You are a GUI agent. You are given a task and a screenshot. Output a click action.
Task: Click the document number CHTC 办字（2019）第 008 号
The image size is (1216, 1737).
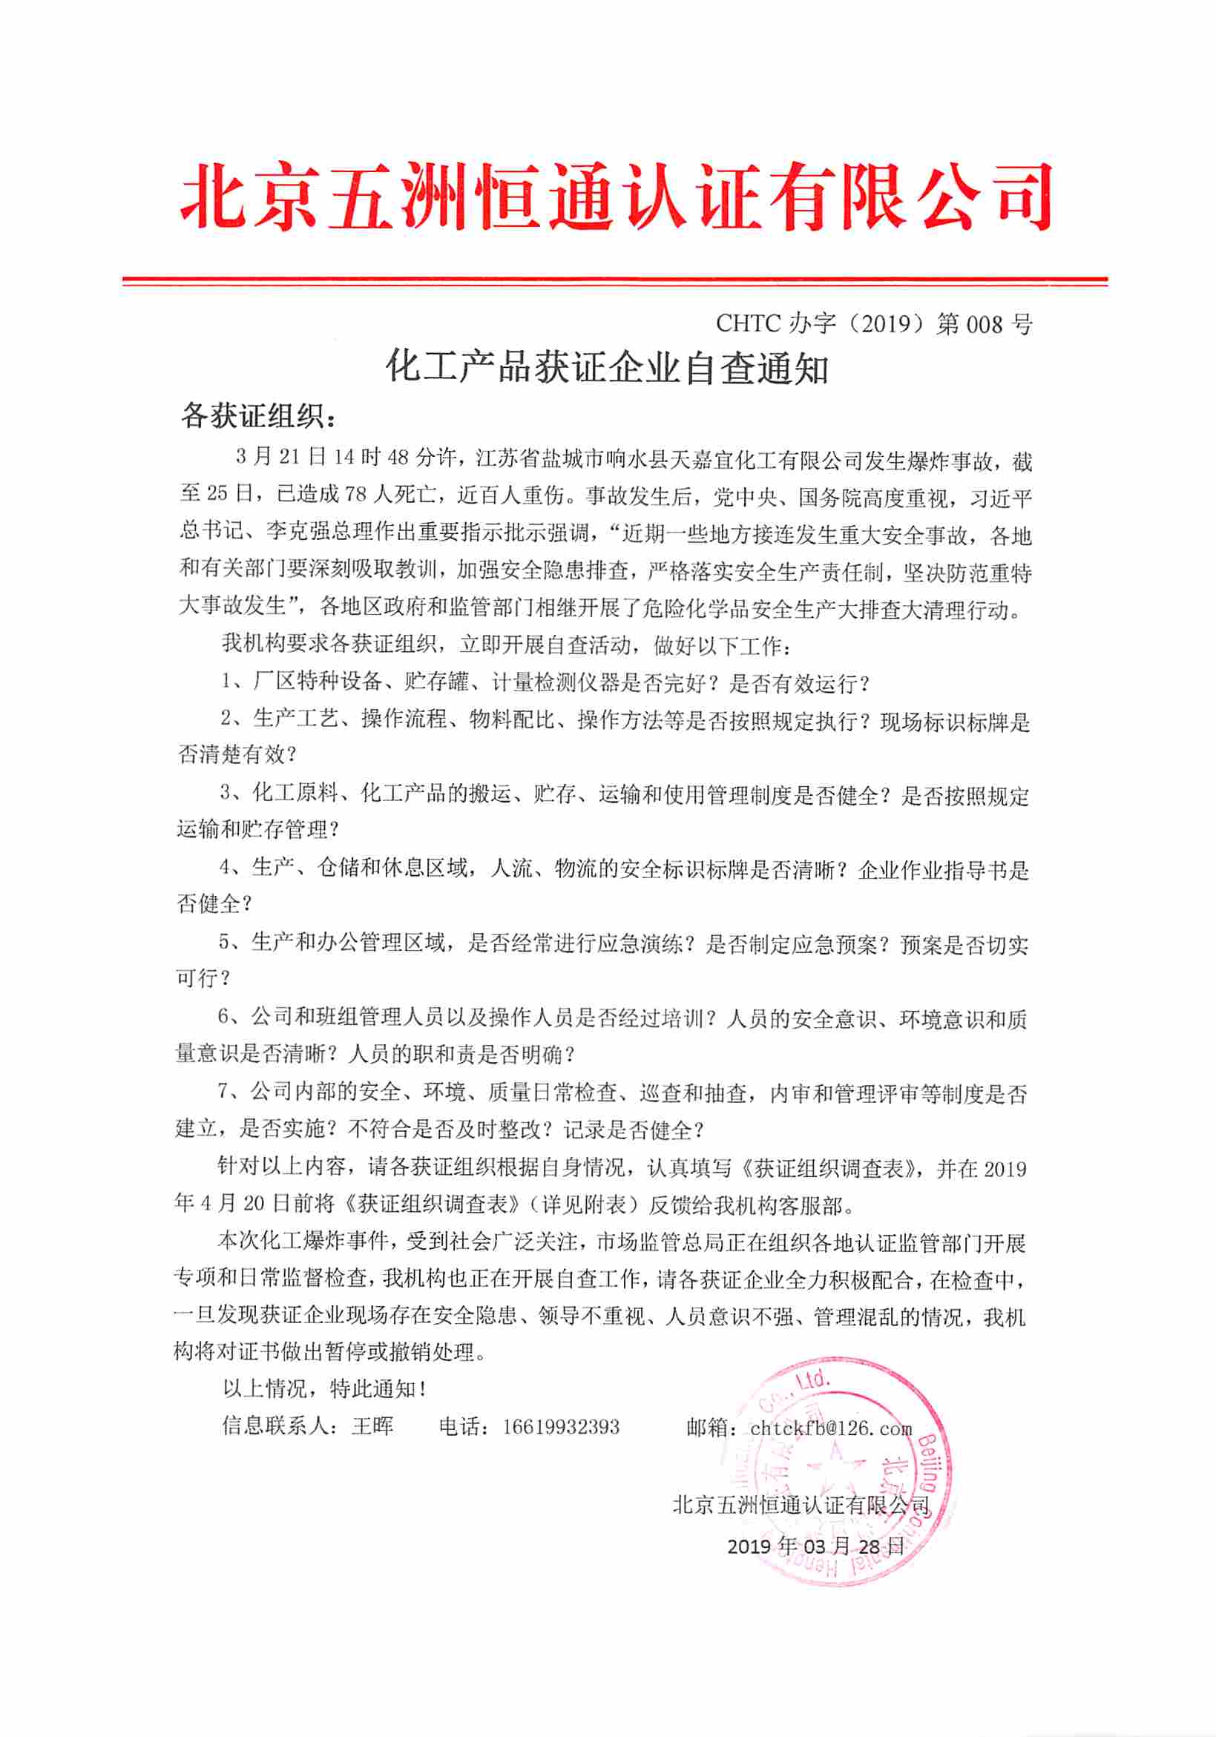click(873, 324)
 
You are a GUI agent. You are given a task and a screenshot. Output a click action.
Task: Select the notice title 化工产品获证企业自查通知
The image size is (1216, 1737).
click(608, 369)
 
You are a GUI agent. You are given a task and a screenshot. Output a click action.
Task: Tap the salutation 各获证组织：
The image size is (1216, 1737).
click(257, 415)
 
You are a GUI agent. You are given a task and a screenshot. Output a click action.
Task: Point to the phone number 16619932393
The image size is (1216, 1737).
click(561, 1427)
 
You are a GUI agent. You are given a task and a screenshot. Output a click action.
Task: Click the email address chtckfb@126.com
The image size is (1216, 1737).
click(831, 1428)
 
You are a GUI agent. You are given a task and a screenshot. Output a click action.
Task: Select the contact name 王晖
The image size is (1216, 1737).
click(373, 1427)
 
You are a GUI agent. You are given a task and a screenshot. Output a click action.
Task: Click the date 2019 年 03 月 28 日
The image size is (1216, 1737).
click(815, 1546)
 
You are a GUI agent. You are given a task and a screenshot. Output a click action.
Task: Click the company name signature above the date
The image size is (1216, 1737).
click(801, 1505)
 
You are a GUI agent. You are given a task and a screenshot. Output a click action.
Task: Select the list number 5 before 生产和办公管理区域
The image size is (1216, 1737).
click(225, 943)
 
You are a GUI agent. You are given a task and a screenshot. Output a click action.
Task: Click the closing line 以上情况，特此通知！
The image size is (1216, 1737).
click(325, 1389)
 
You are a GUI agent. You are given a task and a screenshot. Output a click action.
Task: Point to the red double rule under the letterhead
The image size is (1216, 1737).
click(614, 281)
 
